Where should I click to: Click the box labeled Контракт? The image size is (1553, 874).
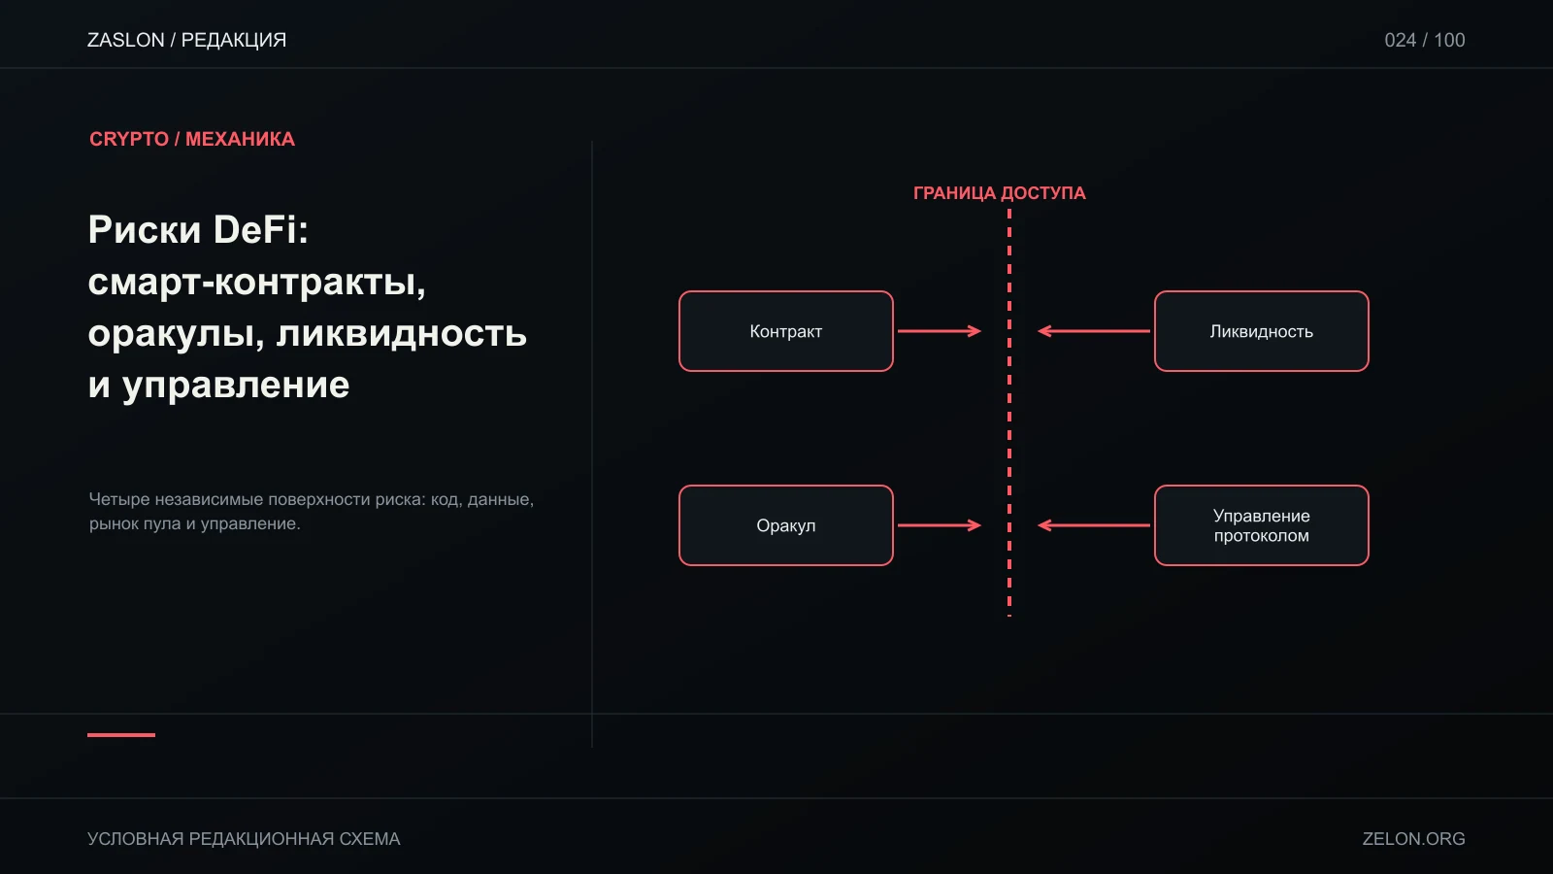pyautogui.click(x=785, y=331)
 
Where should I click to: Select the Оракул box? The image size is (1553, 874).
pyautogui.click(x=785, y=525)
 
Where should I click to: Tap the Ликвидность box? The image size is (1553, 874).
pyautogui.click(x=1261, y=331)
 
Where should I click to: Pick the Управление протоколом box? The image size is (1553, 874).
pyautogui.click(x=1261, y=525)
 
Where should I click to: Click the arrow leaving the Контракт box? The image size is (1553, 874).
pyautogui.click(x=940, y=331)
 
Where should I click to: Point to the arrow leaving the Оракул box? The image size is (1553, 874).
pyautogui.click(x=940, y=525)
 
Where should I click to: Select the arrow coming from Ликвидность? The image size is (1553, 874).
pyautogui.click(x=1093, y=331)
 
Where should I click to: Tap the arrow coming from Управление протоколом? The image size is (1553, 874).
pyautogui.click(x=1093, y=525)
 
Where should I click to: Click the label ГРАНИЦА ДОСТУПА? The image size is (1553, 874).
pyautogui.click(x=999, y=193)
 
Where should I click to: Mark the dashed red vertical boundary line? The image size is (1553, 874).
pyautogui.click(x=1009, y=413)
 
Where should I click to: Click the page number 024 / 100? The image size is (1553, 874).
pyautogui.click(x=1425, y=40)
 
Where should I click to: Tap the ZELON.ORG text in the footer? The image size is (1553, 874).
pyautogui.click(x=1413, y=839)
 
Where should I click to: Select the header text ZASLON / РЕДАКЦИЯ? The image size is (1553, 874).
pyautogui.click(x=186, y=40)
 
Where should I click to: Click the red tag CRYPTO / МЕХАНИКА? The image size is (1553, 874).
pyautogui.click(x=192, y=139)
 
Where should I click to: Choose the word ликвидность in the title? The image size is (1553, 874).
pyautogui.click(x=402, y=333)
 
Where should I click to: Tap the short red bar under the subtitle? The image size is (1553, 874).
pyautogui.click(x=121, y=734)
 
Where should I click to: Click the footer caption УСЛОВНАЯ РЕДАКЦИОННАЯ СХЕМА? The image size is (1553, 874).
pyautogui.click(x=244, y=839)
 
